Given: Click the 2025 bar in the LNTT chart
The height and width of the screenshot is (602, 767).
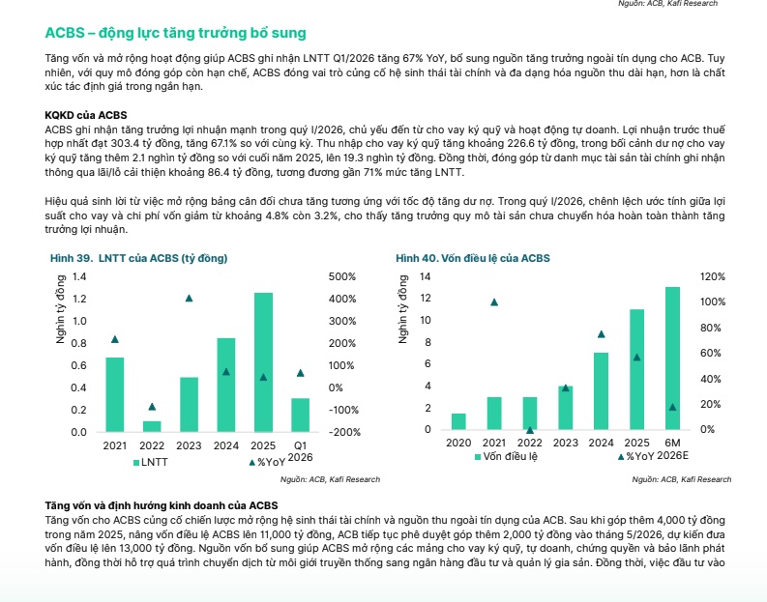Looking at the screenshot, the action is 263,362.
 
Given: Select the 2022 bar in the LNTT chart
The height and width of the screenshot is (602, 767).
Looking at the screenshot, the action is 152,426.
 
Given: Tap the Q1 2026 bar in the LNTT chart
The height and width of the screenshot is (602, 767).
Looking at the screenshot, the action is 301,415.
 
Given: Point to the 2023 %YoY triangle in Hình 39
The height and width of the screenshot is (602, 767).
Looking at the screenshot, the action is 190,298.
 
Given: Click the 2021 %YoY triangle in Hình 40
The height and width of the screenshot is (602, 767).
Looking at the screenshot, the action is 494,302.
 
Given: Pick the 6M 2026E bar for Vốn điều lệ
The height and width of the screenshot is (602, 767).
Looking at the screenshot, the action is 672,358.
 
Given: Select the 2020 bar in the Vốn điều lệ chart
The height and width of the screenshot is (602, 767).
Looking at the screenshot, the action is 458,421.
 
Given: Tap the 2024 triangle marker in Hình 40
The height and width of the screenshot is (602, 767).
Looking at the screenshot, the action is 602,334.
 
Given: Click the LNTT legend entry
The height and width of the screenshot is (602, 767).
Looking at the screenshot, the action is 151,462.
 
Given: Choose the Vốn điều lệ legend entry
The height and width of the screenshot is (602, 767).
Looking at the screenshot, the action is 506,456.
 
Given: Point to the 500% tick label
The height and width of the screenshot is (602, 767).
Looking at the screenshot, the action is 342,276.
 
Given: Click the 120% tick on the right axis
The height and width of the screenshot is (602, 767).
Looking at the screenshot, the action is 713,276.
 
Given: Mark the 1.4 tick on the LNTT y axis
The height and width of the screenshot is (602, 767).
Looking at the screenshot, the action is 79,276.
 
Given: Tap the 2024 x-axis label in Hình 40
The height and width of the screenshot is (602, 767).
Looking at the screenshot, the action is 602,443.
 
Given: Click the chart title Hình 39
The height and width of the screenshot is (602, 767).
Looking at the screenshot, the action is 139,258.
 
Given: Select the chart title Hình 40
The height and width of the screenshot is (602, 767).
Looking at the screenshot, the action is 473,258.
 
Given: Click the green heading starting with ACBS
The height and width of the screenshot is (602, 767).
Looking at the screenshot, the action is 176,33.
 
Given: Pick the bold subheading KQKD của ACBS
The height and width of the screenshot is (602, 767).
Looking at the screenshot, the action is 86,115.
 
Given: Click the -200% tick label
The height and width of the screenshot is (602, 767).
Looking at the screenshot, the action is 344,432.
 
